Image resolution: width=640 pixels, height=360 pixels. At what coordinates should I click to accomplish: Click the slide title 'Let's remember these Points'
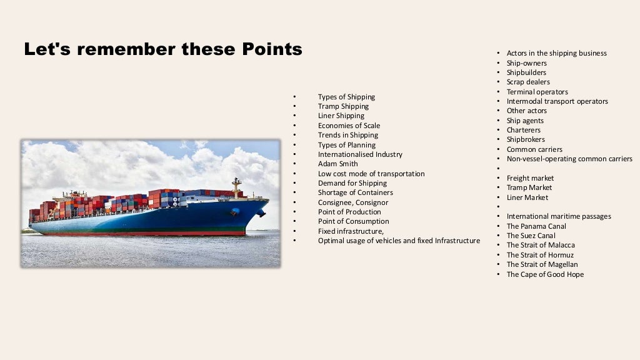click(162, 49)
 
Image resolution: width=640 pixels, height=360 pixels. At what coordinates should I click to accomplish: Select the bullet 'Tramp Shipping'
click(343, 106)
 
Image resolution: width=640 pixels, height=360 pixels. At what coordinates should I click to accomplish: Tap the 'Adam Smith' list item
click(337, 164)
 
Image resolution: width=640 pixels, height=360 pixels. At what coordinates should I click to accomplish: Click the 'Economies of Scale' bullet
click(349, 126)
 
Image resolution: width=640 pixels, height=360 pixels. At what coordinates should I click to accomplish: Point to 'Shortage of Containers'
click(355, 192)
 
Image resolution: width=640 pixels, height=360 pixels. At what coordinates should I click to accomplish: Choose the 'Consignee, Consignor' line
click(352, 202)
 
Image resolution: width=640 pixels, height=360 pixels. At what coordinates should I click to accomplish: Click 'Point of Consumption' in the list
click(353, 221)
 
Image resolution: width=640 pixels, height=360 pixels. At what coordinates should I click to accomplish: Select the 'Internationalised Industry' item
click(360, 154)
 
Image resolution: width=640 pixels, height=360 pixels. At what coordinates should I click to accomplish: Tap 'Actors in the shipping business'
click(556, 53)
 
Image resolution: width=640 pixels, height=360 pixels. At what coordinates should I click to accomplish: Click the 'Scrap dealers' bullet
click(528, 82)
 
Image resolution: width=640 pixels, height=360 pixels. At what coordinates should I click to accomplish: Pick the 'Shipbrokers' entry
click(526, 139)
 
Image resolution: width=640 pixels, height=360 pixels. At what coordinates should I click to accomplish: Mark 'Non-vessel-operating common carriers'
click(569, 159)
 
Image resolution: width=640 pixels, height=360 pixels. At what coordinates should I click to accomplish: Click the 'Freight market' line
click(530, 178)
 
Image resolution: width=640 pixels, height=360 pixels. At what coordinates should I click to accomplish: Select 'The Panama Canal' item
click(536, 226)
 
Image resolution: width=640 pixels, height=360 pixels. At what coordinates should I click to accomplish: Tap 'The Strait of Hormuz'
click(540, 255)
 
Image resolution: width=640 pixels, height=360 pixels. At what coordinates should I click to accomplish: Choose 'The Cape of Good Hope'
click(545, 274)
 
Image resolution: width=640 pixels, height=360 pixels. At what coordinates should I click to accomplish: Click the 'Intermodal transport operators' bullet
click(557, 101)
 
